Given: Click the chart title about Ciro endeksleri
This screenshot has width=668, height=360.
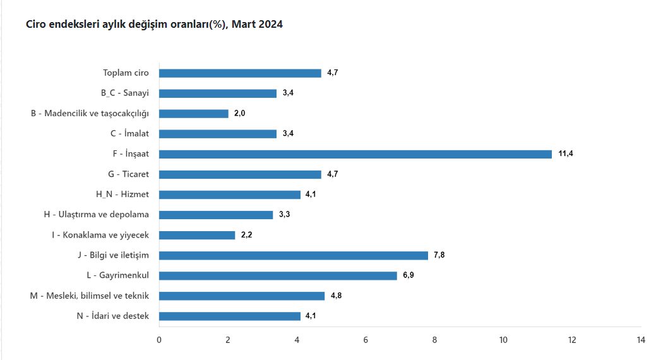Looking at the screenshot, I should [x=154, y=25].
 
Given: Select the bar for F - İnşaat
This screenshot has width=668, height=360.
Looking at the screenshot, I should [x=355, y=154].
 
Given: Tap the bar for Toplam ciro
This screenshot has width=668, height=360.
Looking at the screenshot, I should [x=240, y=73].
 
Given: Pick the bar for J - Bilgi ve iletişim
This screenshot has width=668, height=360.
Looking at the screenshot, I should [x=294, y=255].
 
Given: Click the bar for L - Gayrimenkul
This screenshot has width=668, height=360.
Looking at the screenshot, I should [x=278, y=275].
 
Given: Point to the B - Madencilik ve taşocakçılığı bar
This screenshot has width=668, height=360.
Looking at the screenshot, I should [x=194, y=114].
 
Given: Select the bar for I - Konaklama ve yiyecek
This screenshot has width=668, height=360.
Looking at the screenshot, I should [x=197, y=235].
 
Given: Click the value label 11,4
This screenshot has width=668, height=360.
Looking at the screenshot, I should [x=566, y=154].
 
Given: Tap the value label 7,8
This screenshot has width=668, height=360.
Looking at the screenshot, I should [x=440, y=255].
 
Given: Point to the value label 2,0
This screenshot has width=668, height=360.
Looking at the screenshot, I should [x=240, y=114].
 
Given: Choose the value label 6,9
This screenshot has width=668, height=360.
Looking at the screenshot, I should [x=409, y=275].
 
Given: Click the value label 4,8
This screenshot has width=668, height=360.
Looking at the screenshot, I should [x=337, y=296].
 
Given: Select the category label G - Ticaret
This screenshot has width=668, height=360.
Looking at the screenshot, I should [x=129, y=174].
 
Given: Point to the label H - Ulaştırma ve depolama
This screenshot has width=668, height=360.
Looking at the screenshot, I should [x=97, y=215].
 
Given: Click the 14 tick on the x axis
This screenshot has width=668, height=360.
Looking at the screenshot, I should [x=641, y=340].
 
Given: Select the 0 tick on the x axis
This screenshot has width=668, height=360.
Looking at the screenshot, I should [x=159, y=340].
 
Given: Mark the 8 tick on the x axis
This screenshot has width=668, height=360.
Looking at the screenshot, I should [x=434, y=340].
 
